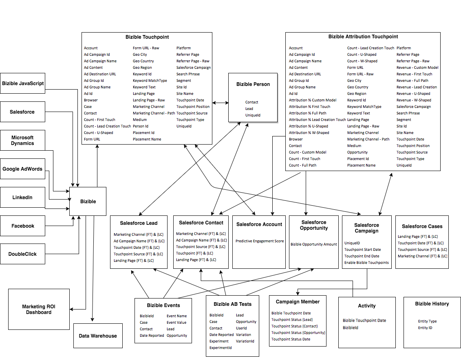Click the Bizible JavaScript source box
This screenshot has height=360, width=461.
[22, 83]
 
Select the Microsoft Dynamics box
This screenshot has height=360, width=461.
[22, 140]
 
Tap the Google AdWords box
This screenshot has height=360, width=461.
[22, 169]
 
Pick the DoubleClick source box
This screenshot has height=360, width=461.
[22, 254]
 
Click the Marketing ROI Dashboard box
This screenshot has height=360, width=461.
[39, 310]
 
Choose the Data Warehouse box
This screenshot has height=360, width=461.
[98, 336]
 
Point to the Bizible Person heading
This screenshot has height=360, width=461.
[253, 84]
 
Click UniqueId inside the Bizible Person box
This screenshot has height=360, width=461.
[253, 115]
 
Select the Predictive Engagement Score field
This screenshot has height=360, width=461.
[260, 241]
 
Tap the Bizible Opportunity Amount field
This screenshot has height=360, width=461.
[314, 244]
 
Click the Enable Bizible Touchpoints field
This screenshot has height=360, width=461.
[366, 263]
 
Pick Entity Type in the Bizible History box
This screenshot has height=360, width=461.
[427, 321]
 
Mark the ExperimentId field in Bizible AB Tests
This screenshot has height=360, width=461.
[221, 348]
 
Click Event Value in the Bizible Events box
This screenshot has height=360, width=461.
[176, 323]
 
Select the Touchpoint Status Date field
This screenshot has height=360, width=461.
[291, 339]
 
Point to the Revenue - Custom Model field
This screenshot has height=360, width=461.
[417, 68]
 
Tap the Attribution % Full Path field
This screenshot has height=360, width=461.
[307, 113]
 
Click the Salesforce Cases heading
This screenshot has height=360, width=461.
[422, 226]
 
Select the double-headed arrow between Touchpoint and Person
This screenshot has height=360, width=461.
[221, 103]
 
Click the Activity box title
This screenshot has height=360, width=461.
[367, 306]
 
